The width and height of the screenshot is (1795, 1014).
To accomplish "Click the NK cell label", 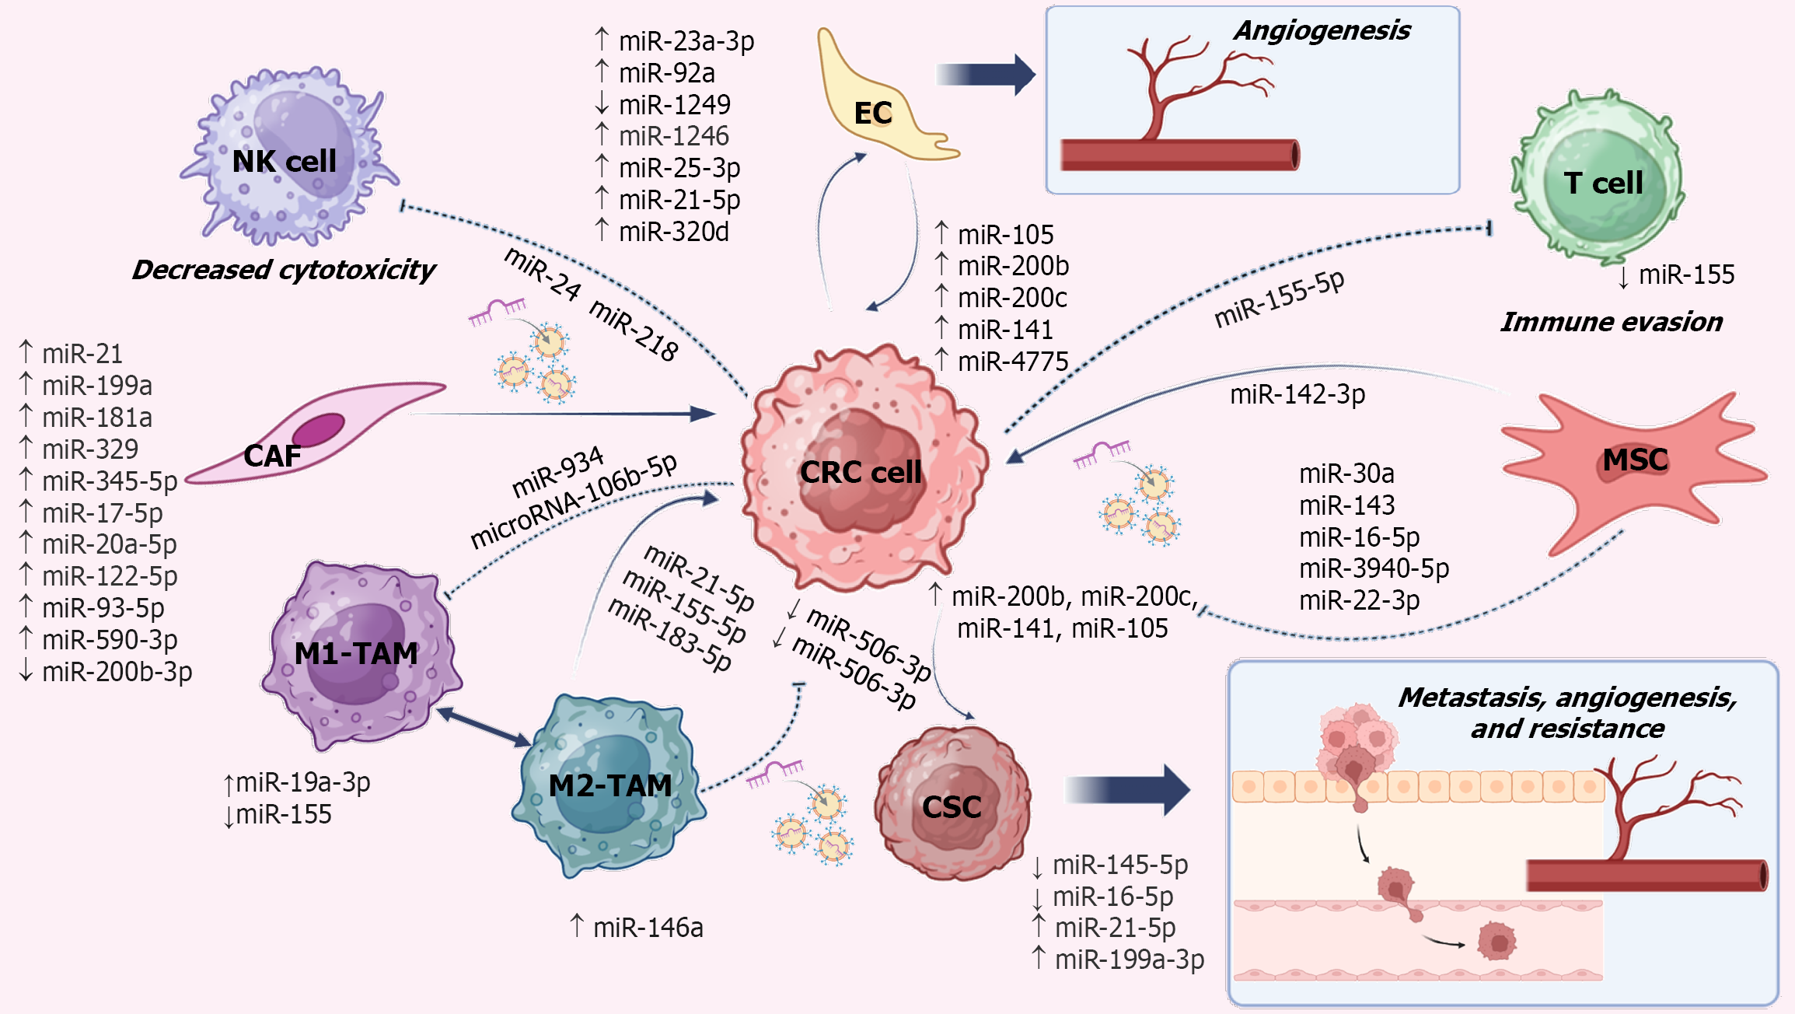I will [284, 162].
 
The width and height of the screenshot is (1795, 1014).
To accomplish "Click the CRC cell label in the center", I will [861, 473].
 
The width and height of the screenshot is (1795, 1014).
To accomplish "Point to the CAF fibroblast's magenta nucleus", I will [318, 428].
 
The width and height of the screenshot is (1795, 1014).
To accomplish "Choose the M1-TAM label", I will [356, 654].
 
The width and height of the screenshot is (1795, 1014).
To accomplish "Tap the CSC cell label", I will [952, 807].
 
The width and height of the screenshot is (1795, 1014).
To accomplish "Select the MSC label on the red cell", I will [1635, 460].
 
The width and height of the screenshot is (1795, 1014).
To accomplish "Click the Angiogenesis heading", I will [1322, 30].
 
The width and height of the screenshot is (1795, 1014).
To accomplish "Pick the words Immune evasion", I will [1612, 322].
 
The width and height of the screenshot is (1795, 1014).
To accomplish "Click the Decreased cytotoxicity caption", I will [284, 270].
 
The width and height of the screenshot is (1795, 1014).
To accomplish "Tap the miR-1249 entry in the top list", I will [674, 105].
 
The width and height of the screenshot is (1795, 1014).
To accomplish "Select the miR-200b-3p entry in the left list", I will [117, 672].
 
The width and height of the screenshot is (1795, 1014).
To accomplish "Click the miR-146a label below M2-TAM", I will [648, 928].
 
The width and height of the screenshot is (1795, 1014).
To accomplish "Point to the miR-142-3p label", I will [1297, 394].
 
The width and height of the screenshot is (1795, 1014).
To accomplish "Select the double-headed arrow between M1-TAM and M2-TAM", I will [483, 726].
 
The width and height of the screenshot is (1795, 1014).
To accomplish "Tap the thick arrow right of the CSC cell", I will [1127, 790].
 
